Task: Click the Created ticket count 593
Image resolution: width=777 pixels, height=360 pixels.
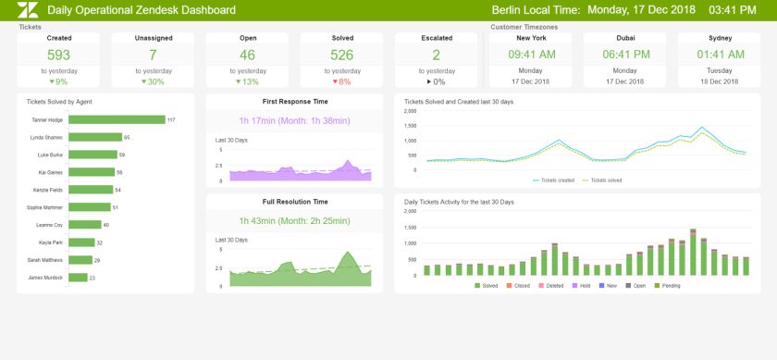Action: (x=59, y=55)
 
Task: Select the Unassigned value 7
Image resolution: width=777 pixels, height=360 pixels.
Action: (x=154, y=55)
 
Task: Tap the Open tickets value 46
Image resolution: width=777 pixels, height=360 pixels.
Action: (x=248, y=55)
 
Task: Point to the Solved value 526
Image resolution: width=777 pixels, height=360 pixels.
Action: (x=342, y=55)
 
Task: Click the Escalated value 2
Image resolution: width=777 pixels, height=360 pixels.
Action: (x=437, y=55)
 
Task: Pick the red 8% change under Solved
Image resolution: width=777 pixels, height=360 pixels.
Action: (x=342, y=81)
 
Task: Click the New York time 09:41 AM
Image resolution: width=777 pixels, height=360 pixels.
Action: (x=531, y=55)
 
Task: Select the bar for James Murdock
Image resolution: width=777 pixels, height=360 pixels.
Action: (x=78, y=277)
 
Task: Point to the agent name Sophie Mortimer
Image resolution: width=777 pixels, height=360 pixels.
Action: (x=46, y=207)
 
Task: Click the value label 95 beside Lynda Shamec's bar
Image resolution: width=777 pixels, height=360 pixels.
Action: (x=127, y=137)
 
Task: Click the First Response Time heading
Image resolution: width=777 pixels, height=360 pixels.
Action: (x=294, y=101)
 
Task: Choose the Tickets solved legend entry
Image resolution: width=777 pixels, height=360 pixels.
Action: (x=602, y=180)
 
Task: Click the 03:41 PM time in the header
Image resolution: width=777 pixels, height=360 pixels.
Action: (x=738, y=10)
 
